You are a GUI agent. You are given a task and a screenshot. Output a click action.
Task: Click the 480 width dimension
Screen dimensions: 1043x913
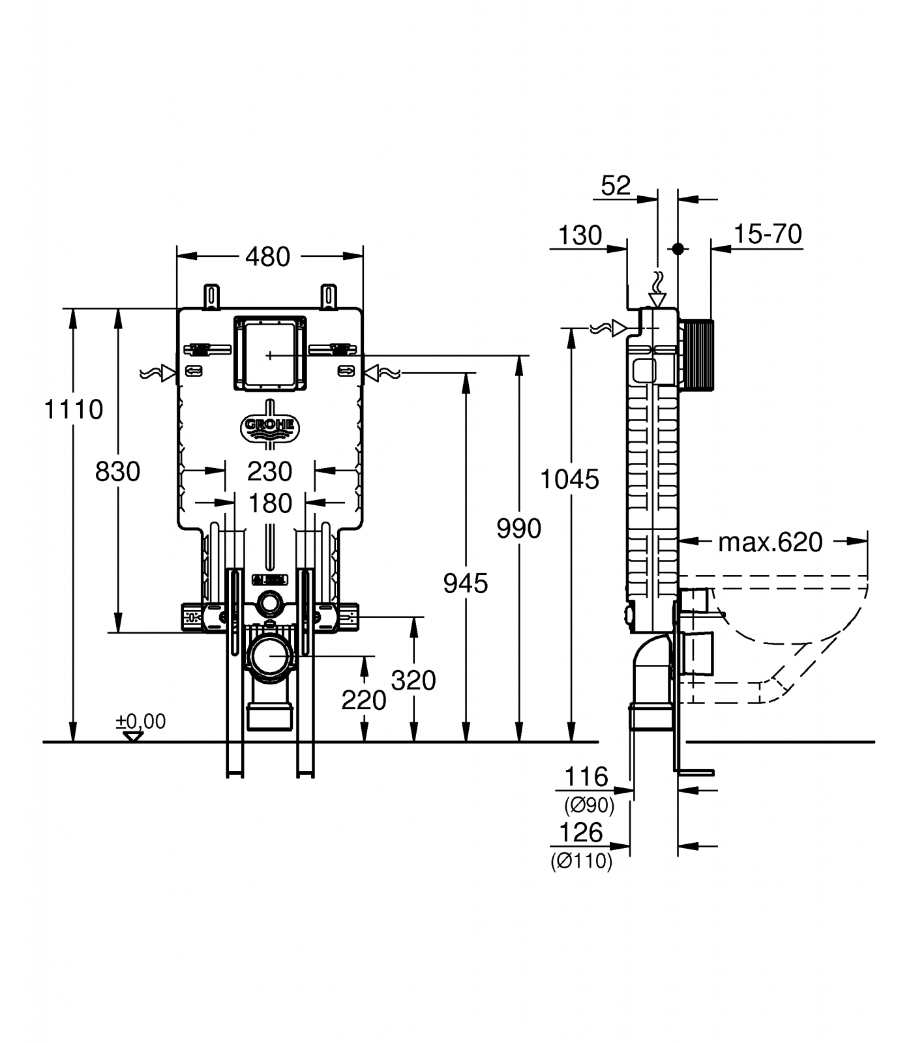267,257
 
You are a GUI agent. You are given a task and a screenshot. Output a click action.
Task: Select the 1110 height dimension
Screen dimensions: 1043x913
73,409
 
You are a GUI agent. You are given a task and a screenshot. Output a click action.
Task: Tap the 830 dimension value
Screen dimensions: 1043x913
117,471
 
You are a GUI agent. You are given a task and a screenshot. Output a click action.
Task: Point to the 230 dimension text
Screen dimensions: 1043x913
270,471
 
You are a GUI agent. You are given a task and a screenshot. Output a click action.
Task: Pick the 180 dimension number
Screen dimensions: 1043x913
270,503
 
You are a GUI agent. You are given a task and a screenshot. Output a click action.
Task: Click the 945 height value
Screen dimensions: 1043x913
465,583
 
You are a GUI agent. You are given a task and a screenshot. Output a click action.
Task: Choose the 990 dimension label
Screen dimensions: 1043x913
518,528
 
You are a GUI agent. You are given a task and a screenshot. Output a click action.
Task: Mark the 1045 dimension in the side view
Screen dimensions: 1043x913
569,480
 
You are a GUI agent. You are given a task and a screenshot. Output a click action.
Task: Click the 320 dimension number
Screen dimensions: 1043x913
413,681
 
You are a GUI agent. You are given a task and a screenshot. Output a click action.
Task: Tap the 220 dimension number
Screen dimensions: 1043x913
363,701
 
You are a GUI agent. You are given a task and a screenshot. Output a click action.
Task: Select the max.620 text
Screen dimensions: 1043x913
770,542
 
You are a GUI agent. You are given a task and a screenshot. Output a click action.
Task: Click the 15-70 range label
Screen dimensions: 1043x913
768,234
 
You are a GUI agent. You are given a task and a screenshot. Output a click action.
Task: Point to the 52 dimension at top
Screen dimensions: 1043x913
616,186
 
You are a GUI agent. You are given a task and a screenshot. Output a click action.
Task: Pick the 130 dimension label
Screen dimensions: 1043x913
580,235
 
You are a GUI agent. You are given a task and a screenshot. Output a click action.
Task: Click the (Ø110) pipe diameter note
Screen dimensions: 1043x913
582,862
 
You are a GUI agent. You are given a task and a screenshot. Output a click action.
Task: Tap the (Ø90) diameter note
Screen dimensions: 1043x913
589,806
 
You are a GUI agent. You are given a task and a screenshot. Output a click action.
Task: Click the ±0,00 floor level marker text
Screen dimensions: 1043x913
141,722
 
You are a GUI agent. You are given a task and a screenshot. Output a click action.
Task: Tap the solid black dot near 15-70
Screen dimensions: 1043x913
678,248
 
